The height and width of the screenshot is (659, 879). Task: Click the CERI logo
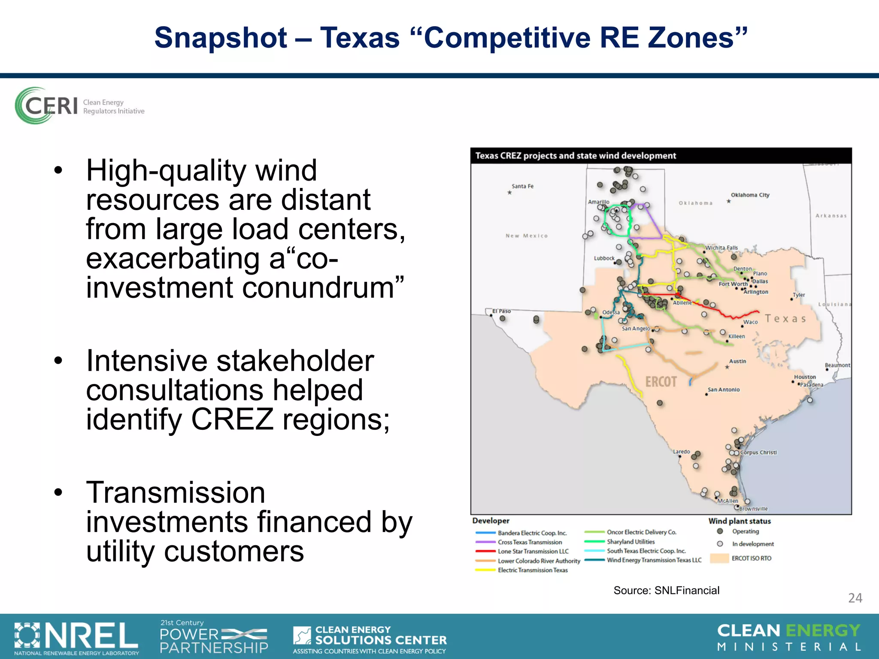tap(79, 106)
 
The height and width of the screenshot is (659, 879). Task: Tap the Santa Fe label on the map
tap(522, 186)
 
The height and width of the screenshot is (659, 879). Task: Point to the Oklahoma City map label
tap(750, 195)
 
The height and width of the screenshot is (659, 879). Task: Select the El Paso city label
tap(501, 311)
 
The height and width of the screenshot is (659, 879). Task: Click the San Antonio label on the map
tap(724, 390)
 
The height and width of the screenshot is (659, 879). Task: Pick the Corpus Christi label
tap(758, 452)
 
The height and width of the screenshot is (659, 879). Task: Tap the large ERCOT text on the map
tap(661, 382)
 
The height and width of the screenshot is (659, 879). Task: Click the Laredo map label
tap(681, 452)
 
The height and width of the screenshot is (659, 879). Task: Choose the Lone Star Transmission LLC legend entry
tap(533, 551)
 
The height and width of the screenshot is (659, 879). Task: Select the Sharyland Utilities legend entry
tap(630, 542)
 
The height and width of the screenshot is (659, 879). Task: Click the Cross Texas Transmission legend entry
tap(530, 542)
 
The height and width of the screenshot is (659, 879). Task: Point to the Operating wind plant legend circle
tap(720, 532)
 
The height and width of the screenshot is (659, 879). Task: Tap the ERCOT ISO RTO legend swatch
tap(719, 558)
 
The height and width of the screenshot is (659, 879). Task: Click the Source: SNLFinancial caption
tap(666, 590)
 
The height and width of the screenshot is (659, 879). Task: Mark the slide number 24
tap(855, 598)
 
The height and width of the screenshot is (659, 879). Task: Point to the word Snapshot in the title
tap(221, 38)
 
